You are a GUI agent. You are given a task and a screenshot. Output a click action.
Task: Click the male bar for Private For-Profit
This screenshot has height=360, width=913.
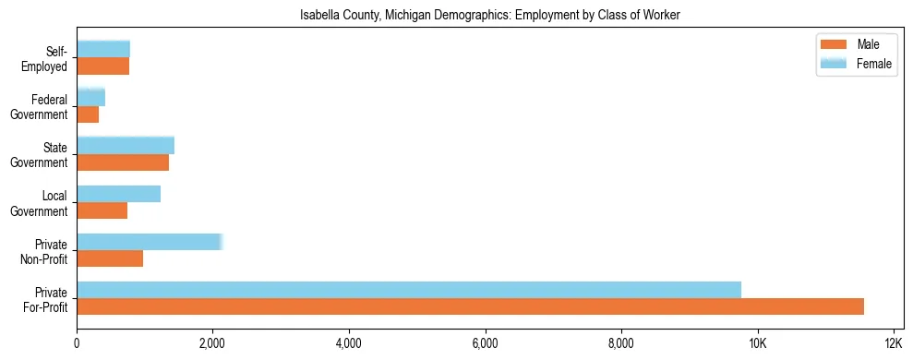tap(470, 306)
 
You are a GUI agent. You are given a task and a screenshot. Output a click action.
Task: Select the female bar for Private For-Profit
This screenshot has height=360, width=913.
tap(409, 290)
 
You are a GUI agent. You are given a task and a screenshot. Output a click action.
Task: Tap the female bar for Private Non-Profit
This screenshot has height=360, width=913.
tap(150, 242)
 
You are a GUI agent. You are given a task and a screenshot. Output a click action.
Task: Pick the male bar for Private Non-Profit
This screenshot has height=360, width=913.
tap(110, 258)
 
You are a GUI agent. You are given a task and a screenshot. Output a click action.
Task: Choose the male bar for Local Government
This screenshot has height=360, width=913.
tap(102, 210)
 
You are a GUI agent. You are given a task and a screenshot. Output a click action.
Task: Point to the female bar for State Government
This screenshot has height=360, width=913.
tap(126, 145)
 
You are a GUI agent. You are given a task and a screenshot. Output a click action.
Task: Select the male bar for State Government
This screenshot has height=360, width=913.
tap(123, 162)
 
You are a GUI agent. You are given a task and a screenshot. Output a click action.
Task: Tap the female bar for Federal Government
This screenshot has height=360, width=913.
tap(90, 97)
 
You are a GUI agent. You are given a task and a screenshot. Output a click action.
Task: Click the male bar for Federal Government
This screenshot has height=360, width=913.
tap(88, 114)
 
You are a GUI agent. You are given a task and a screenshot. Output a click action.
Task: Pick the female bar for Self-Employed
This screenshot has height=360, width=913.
tap(103, 49)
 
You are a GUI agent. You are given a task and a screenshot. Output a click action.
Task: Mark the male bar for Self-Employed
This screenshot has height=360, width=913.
tap(102, 66)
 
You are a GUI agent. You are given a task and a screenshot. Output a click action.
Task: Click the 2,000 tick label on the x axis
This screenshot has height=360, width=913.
tap(212, 343)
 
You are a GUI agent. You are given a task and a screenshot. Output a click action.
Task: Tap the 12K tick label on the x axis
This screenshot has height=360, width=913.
tap(893, 343)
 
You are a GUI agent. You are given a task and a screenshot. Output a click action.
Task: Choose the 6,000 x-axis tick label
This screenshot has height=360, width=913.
tap(485, 343)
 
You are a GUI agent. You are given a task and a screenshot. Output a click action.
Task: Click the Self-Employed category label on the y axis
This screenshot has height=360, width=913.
tap(45, 58)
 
